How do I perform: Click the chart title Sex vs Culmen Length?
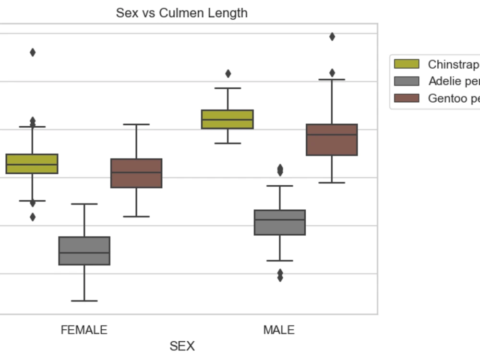[182, 13]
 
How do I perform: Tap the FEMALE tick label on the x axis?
[84, 330]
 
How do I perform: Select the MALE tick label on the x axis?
[279, 330]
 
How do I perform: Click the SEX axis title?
[182, 346]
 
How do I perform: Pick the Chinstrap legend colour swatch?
[407, 64]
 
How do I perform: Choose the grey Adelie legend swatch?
[407, 81]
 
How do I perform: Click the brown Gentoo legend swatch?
[407, 98]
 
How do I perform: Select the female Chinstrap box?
[32, 164]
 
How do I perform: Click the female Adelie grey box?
[84, 251]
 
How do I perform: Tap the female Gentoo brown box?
[136, 173]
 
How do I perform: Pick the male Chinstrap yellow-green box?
[228, 119]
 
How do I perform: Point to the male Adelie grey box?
[280, 222]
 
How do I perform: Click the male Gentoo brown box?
[332, 140]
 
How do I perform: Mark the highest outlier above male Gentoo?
[332, 36]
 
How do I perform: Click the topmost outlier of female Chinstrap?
[33, 52]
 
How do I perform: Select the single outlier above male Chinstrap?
[228, 73]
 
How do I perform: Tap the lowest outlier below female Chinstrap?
[33, 217]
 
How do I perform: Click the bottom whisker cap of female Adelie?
[84, 301]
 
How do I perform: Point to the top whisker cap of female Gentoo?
[136, 124]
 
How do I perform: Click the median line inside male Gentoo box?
[332, 135]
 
